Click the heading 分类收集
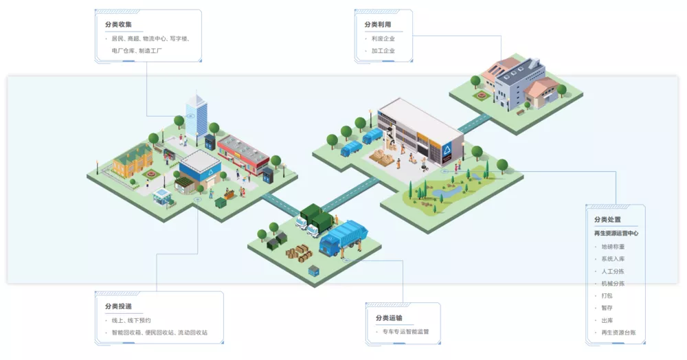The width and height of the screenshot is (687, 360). click(x=118, y=25)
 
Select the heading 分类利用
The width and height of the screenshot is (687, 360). click(x=377, y=25)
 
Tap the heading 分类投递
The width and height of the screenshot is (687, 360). click(x=118, y=306)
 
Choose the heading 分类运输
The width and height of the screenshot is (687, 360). click(x=389, y=318)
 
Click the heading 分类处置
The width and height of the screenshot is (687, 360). click(x=608, y=220)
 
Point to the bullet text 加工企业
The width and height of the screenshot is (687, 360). click(x=383, y=51)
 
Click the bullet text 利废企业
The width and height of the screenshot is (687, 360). click(x=383, y=38)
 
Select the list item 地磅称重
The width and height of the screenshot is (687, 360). click(x=613, y=246)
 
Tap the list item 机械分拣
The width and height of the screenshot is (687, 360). click(x=613, y=283)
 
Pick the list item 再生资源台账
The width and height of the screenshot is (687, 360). click(x=618, y=333)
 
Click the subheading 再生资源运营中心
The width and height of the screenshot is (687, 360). click(x=616, y=233)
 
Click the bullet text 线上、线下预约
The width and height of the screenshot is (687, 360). click(x=131, y=320)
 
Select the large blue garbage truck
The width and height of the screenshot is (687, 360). click(x=344, y=238)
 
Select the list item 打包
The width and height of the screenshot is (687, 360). click(x=607, y=295)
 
